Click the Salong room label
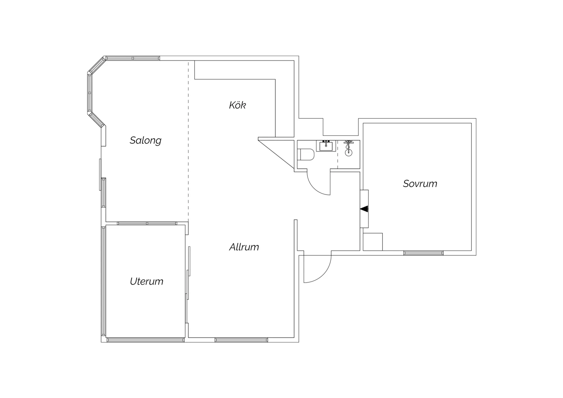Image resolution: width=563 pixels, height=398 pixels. [145, 140]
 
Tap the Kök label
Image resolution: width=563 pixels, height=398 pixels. [237, 105]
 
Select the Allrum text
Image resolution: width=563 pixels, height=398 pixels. [244, 247]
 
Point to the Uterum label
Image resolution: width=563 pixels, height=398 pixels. [146, 281]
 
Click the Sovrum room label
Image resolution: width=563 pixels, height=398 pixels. [420, 184]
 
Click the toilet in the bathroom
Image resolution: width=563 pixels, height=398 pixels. [306, 154]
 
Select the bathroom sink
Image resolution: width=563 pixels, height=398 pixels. [326, 146]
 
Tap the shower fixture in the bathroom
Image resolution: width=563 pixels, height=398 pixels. [349, 148]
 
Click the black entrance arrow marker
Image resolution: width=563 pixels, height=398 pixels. [364, 209]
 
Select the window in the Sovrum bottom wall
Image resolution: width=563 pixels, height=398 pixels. [423, 253]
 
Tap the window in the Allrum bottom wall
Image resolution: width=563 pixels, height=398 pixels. [241, 340]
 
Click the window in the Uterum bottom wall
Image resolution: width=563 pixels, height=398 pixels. [145, 340]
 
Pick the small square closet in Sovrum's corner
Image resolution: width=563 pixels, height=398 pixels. [373, 242]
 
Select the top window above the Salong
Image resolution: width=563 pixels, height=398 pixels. [133, 58]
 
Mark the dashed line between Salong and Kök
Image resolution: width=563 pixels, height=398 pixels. [188, 141]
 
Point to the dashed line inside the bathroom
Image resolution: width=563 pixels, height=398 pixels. [337, 154]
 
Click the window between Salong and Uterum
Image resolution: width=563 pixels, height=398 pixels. [147, 223]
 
